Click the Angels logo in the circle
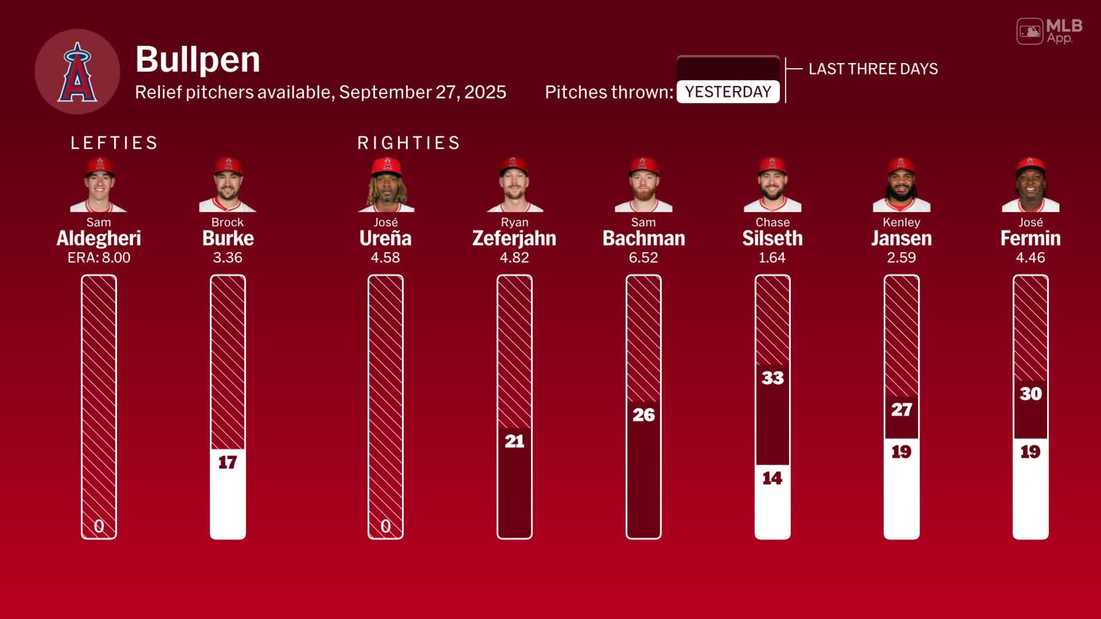(x=77, y=72)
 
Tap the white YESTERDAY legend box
(x=728, y=92)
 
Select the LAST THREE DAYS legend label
(x=873, y=69)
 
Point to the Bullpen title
(x=197, y=59)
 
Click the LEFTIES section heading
(x=114, y=143)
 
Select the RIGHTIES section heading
(x=409, y=143)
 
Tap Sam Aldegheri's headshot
(x=99, y=185)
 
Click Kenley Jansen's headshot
(x=901, y=185)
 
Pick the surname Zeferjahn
(x=514, y=239)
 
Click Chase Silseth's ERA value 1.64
(x=772, y=257)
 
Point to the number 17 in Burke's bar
(x=228, y=463)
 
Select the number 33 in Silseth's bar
(x=772, y=378)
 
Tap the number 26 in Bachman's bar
(x=643, y=415)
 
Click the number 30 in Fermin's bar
(x=1030, y=394)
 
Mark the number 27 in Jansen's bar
(x=901, y=410)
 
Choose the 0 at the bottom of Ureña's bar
(x=385, y=526)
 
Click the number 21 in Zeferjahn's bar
(x=514, y=441)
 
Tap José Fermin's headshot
(x=1030, y=185)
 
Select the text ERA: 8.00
(x=99, y=257)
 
